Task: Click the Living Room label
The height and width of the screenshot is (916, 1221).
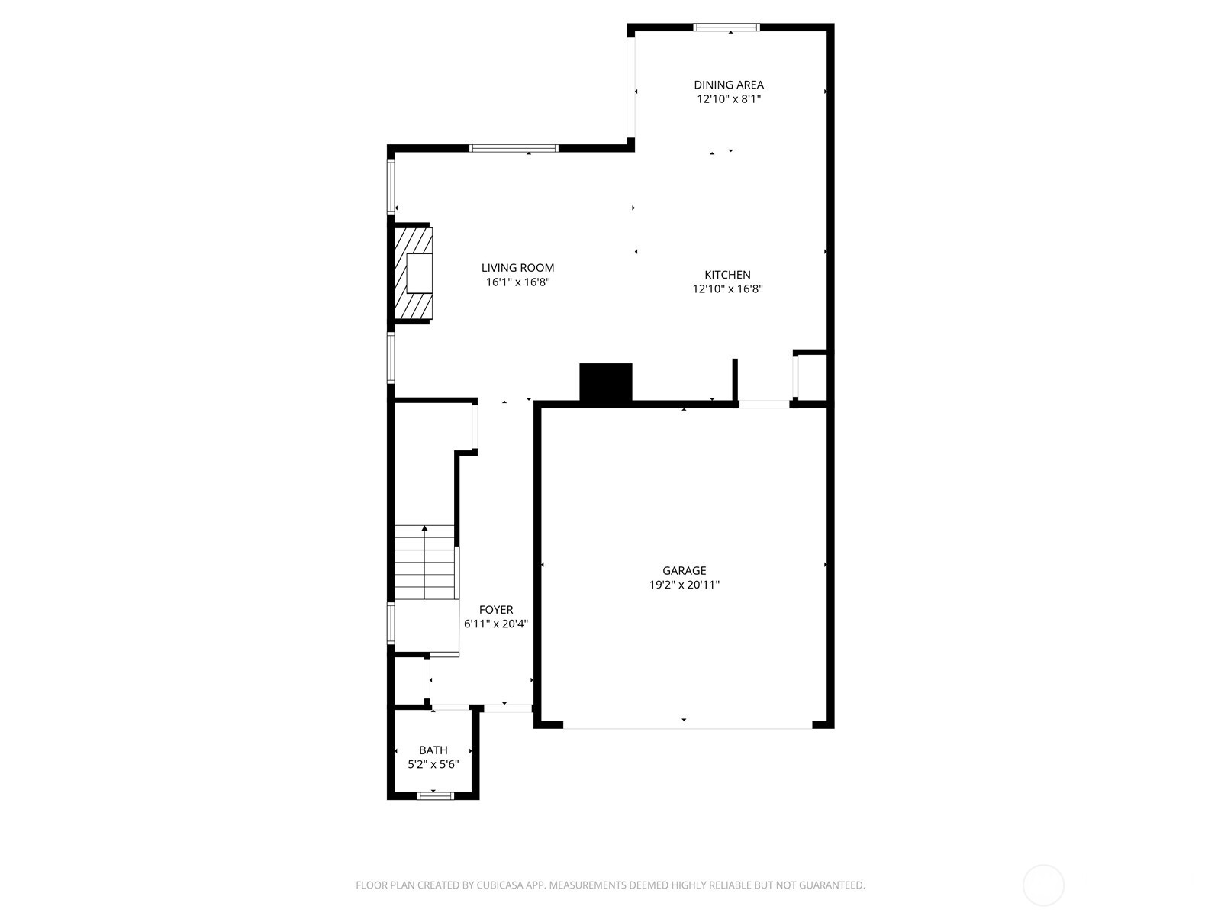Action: tap(517, 268)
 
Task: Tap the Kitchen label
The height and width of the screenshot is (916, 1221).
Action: tap(726, 275)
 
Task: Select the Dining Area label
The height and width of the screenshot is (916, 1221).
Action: tap(728, 85)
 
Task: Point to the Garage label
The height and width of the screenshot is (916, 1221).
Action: tap(684, 570)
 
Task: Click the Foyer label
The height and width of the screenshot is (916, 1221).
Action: tap(496, 610)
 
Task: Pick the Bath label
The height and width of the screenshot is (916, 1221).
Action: tap(433, 750)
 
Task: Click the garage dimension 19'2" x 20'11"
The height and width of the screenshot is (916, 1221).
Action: tap(684, 585)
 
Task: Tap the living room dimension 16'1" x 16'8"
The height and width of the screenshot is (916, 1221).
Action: tap(517, 282)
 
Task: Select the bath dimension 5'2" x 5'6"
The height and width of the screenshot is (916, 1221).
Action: tap(433, 764)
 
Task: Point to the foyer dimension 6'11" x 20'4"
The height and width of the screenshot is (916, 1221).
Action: tap(496, 624)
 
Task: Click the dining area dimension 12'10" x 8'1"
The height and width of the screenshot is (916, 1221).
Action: tap(728, 99)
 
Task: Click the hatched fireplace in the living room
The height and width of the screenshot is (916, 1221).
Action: tap(412, 273)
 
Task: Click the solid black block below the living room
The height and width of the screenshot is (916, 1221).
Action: tap(606, 382)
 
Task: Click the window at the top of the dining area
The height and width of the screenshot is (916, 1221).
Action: tap(726, 27)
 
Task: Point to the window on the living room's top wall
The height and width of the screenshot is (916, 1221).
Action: tap(514, 148)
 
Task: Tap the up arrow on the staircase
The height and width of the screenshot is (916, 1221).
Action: tap(424, 528)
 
